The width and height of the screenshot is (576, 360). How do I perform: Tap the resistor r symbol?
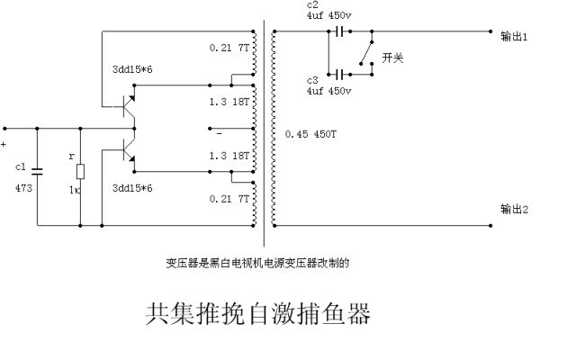point(81,173)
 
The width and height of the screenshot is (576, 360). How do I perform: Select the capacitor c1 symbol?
point(38,169)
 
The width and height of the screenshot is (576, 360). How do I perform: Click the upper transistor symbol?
point(127,104)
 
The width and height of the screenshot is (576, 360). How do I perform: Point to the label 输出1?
point(514,37)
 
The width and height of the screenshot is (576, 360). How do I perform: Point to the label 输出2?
point(514,209)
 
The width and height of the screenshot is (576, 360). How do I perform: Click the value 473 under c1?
point(24,190)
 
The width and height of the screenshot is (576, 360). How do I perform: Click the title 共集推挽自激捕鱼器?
point(258,315)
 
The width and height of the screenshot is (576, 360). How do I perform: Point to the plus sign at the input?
point(4,142)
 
